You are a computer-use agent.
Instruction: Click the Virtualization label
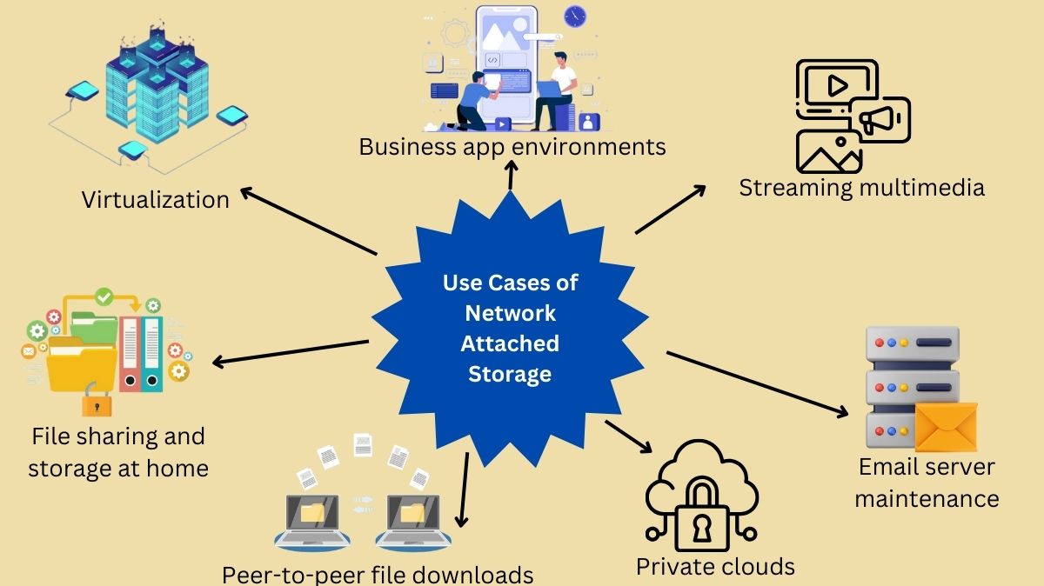[x=155, y=199]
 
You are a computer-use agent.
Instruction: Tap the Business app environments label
[x=512, y=145]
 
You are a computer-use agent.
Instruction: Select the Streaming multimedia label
[x=861, y=187]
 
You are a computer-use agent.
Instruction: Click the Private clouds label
[x=715, y=567]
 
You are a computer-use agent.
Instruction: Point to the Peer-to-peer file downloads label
[x=378, y=574]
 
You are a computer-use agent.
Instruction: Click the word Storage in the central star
[x=510, y=374]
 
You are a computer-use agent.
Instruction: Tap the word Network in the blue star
[x=510, y=313]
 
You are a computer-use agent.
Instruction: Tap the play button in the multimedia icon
[x=836, y=85]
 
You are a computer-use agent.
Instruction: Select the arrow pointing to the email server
[x=757, y=382]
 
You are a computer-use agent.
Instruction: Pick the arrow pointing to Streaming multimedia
[x=671, y=210]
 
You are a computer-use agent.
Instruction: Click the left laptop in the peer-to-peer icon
[x=311, y=521]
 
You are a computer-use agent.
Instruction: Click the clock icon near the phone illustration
[x=575, y=16]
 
